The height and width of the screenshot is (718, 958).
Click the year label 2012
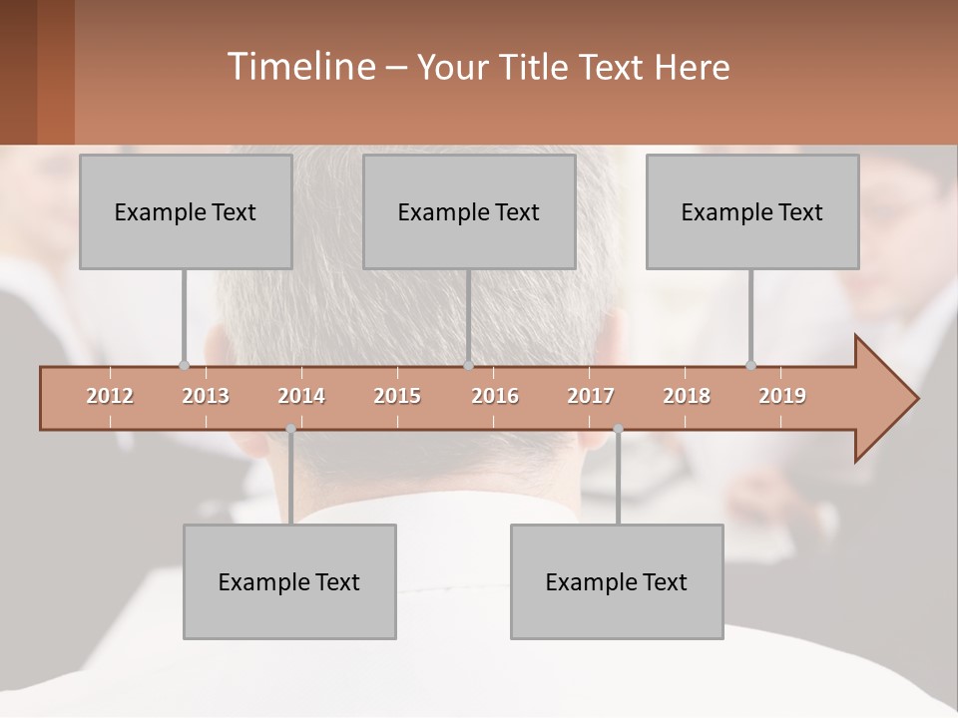110,396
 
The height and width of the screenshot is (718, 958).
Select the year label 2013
206,396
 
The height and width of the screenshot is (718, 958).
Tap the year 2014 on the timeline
301,396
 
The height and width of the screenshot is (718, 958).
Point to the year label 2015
397,396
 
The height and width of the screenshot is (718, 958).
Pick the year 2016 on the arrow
495,396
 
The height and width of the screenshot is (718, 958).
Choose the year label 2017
591,396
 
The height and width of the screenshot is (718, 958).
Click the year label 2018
687,396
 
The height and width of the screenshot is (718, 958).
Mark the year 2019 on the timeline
782,396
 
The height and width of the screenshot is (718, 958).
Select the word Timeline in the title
299,67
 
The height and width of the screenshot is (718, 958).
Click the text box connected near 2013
186,211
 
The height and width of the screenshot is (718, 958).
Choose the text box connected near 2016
469,211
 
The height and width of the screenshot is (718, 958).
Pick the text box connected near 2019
752,211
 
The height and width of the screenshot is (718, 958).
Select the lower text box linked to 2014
289,581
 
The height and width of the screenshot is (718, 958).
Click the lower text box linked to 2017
617,581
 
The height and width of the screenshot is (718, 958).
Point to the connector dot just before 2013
184,365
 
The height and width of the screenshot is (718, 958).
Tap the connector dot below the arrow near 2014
290,429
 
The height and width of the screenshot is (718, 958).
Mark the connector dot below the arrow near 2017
618,429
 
